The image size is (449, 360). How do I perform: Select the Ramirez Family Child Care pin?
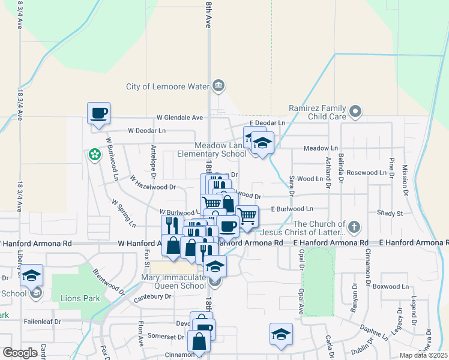pyautogui.click(x=355, y=110)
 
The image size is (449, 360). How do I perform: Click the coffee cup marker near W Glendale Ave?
pyautogui.click(x=99, y=113)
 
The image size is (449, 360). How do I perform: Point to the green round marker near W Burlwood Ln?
pyautogui.click(x=94, y=155)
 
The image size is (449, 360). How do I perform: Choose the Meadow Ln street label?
pyautogui.click(x=321, y=148)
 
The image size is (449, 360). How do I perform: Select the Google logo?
pyautogui.click(x=20, y=353)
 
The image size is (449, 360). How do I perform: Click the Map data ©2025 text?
pyautogui.click(x=423, y=355)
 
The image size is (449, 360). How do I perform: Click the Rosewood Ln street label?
pyautogui.click(x=366, y=173)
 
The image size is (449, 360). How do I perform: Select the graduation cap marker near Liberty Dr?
pyautogui.click(x=32, y=275)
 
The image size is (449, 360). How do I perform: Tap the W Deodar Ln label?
pyautogui.click(x=146, y=130)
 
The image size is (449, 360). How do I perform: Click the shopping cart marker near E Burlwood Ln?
pyautogui.click(x=247, y=217)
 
